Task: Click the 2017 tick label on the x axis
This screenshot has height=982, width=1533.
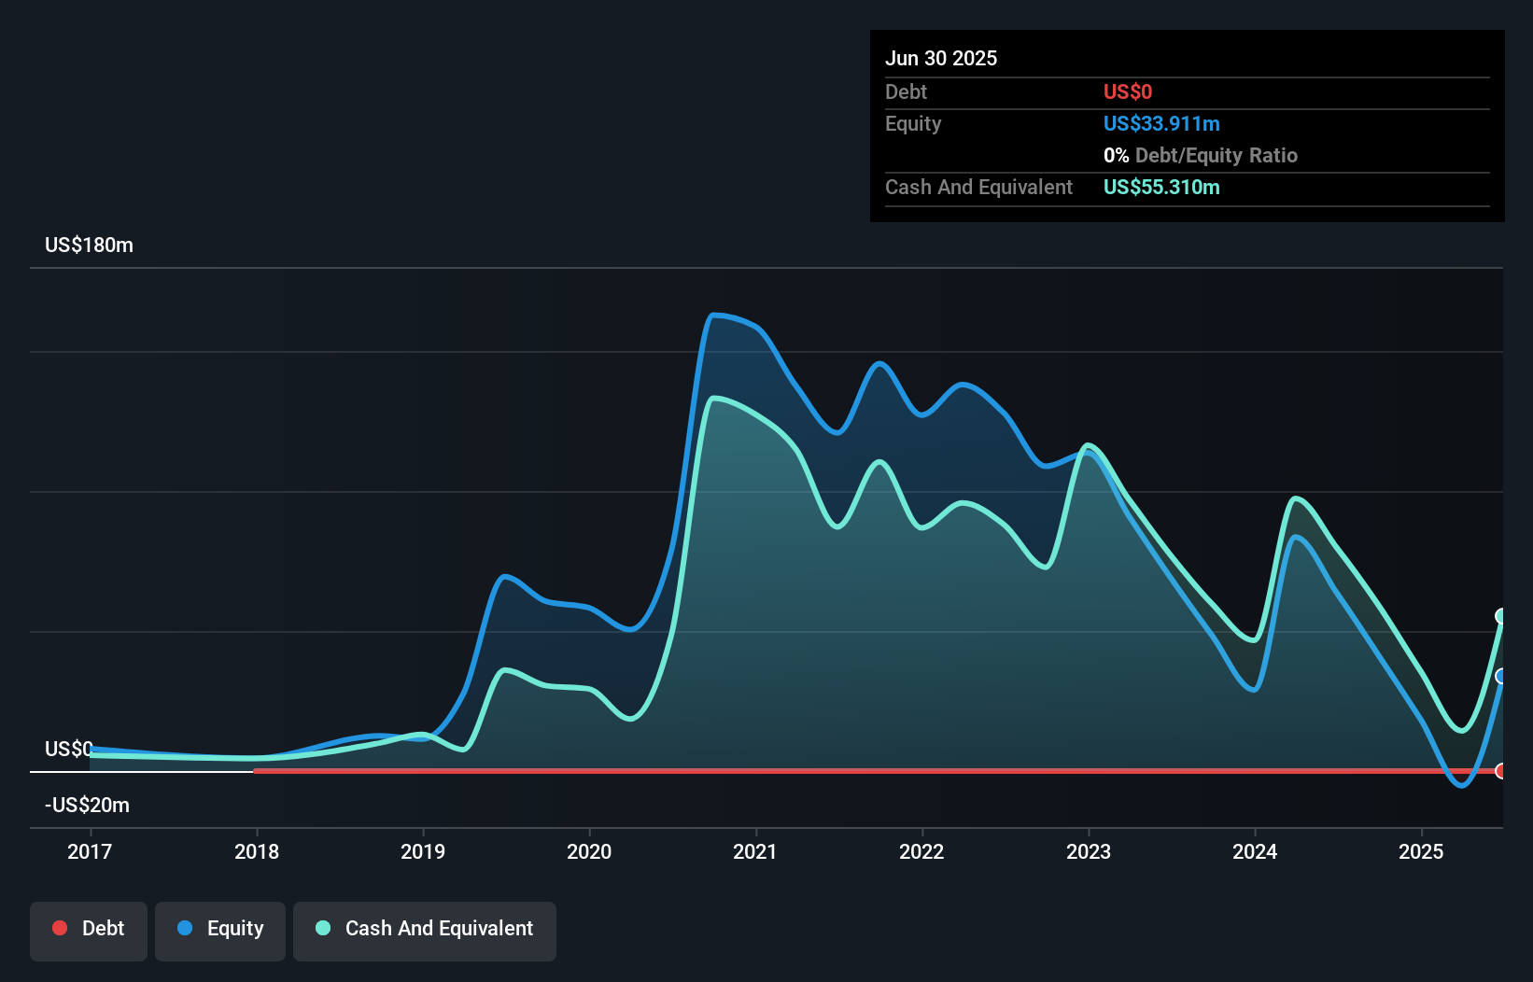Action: [90, 851]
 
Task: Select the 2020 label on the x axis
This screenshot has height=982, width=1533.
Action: [589, 851]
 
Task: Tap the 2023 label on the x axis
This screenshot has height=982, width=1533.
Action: [1089, 851]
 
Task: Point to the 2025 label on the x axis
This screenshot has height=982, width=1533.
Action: [1421, 851]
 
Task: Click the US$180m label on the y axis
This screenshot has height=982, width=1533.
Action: [89, 245]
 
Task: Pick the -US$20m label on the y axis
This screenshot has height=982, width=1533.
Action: [87, 806]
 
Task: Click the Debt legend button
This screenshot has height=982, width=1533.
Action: [89, 929]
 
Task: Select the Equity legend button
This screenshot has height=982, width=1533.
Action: [220, 929]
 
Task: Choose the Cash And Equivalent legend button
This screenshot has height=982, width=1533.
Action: [425, 929]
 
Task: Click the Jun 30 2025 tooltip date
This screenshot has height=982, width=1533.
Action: [941, 59]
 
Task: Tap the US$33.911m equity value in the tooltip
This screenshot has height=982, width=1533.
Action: [1161, 124]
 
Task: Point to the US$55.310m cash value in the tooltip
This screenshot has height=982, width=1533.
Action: [1161, 188]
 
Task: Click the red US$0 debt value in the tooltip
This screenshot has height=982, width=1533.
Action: [1128, 92]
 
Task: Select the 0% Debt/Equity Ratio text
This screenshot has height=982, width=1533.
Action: [1201, 156]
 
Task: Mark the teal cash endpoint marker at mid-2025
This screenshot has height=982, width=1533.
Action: [1501, 616]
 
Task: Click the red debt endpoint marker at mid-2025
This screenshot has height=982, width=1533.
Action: [1501, 771]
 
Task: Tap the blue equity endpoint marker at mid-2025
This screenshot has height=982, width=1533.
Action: [1501, 676]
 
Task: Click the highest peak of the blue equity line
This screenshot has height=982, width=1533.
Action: [714, 316]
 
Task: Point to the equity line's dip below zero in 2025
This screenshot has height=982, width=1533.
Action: [1461, 785]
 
